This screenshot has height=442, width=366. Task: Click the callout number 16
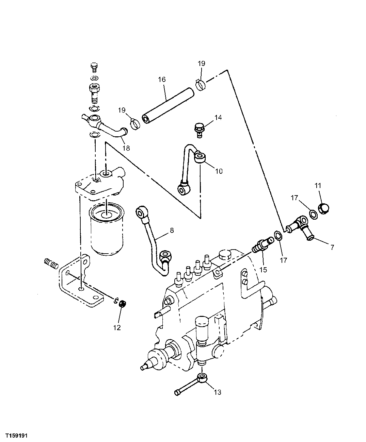click(162, 80)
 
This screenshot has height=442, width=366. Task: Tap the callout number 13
click(217, 392)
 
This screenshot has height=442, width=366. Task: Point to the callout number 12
click(117, 328)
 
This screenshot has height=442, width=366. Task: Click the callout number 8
click(172, 231)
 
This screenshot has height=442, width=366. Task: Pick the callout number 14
click(218, 118)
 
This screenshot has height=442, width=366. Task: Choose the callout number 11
click(318, 186)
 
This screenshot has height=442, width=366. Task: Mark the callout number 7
click(332, 247)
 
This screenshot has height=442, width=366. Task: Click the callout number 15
click(263, 270)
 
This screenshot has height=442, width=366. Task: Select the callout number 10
click(219, 171)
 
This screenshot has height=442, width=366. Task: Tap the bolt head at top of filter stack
click(94, 67)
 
